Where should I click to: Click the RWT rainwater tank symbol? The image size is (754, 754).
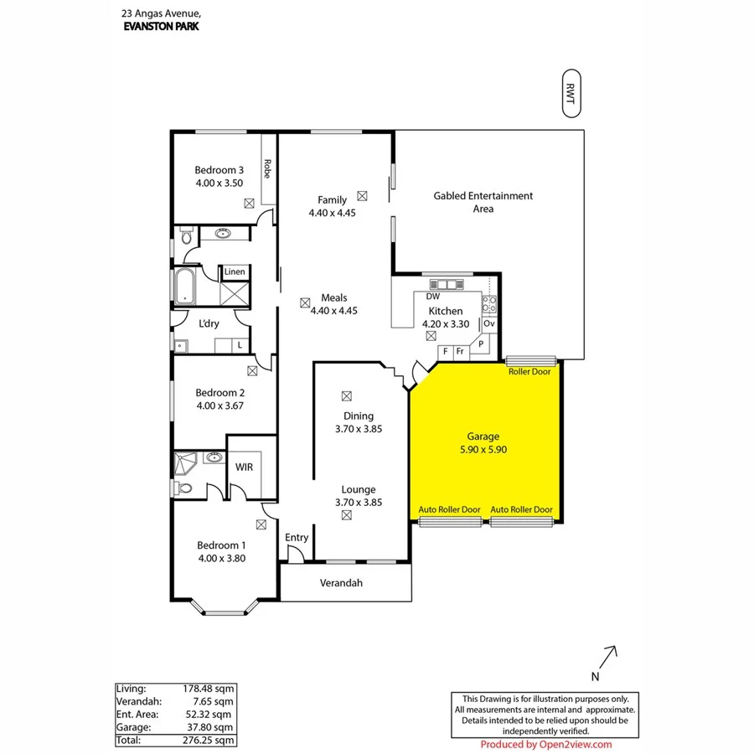click(571, 92)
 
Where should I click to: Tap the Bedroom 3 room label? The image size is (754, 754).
click(219, 170)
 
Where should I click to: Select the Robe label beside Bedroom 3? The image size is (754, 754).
click(267, 169)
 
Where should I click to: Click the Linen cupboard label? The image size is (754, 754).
click(235, 271)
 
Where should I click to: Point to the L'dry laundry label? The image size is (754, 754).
click(209, 323)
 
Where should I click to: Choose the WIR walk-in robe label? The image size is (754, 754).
click(245, 467)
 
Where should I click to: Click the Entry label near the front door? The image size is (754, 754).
click(297, 538)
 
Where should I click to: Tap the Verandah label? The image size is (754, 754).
click(342, 583)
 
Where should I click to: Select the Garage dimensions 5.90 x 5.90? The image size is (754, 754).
click(483, 449)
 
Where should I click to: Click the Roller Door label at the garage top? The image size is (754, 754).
click(529, 371)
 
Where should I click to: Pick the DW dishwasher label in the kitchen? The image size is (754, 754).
click(432, 297)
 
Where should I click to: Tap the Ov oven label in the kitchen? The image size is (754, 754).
click(489, 323)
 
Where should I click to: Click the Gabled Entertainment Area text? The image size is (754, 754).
click(483, 202)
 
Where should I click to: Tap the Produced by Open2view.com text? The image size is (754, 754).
click(545, 744)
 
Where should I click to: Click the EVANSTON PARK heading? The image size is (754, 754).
click(161, 26)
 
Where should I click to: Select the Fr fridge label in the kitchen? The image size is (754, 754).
click(460, 351)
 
